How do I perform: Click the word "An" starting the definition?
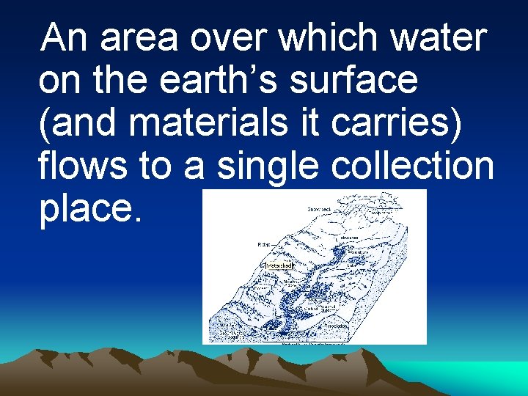[67, 38]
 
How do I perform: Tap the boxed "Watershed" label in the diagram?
[278, 265]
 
